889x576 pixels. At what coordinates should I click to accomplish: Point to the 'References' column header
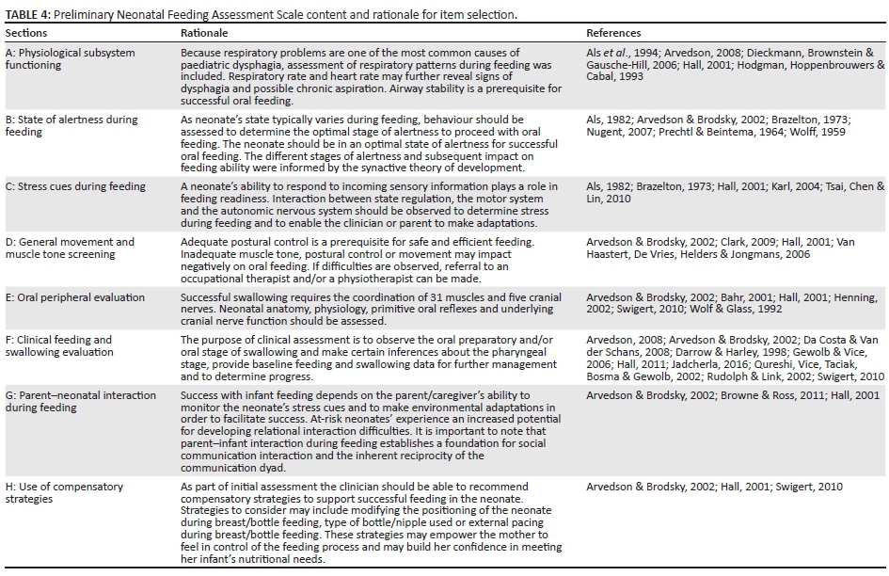(616, 33)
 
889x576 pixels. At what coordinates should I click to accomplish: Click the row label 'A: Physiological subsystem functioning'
(66, 58)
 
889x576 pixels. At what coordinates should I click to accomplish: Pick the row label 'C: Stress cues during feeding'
(75, 186)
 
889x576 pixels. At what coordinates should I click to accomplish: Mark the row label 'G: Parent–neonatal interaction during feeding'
(71, 401)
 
